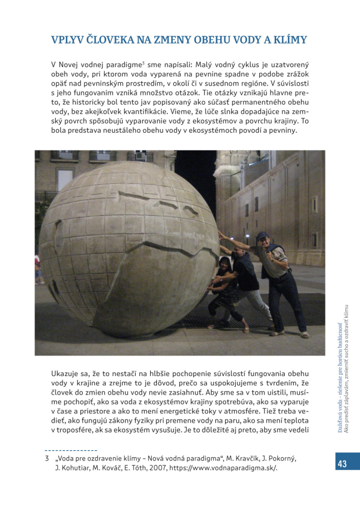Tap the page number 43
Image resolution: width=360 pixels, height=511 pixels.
click(x=342, y=463)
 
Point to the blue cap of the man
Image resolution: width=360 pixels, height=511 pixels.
click(x=262, y=236)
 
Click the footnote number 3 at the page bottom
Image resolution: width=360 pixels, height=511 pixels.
click(x=47, y=458)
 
